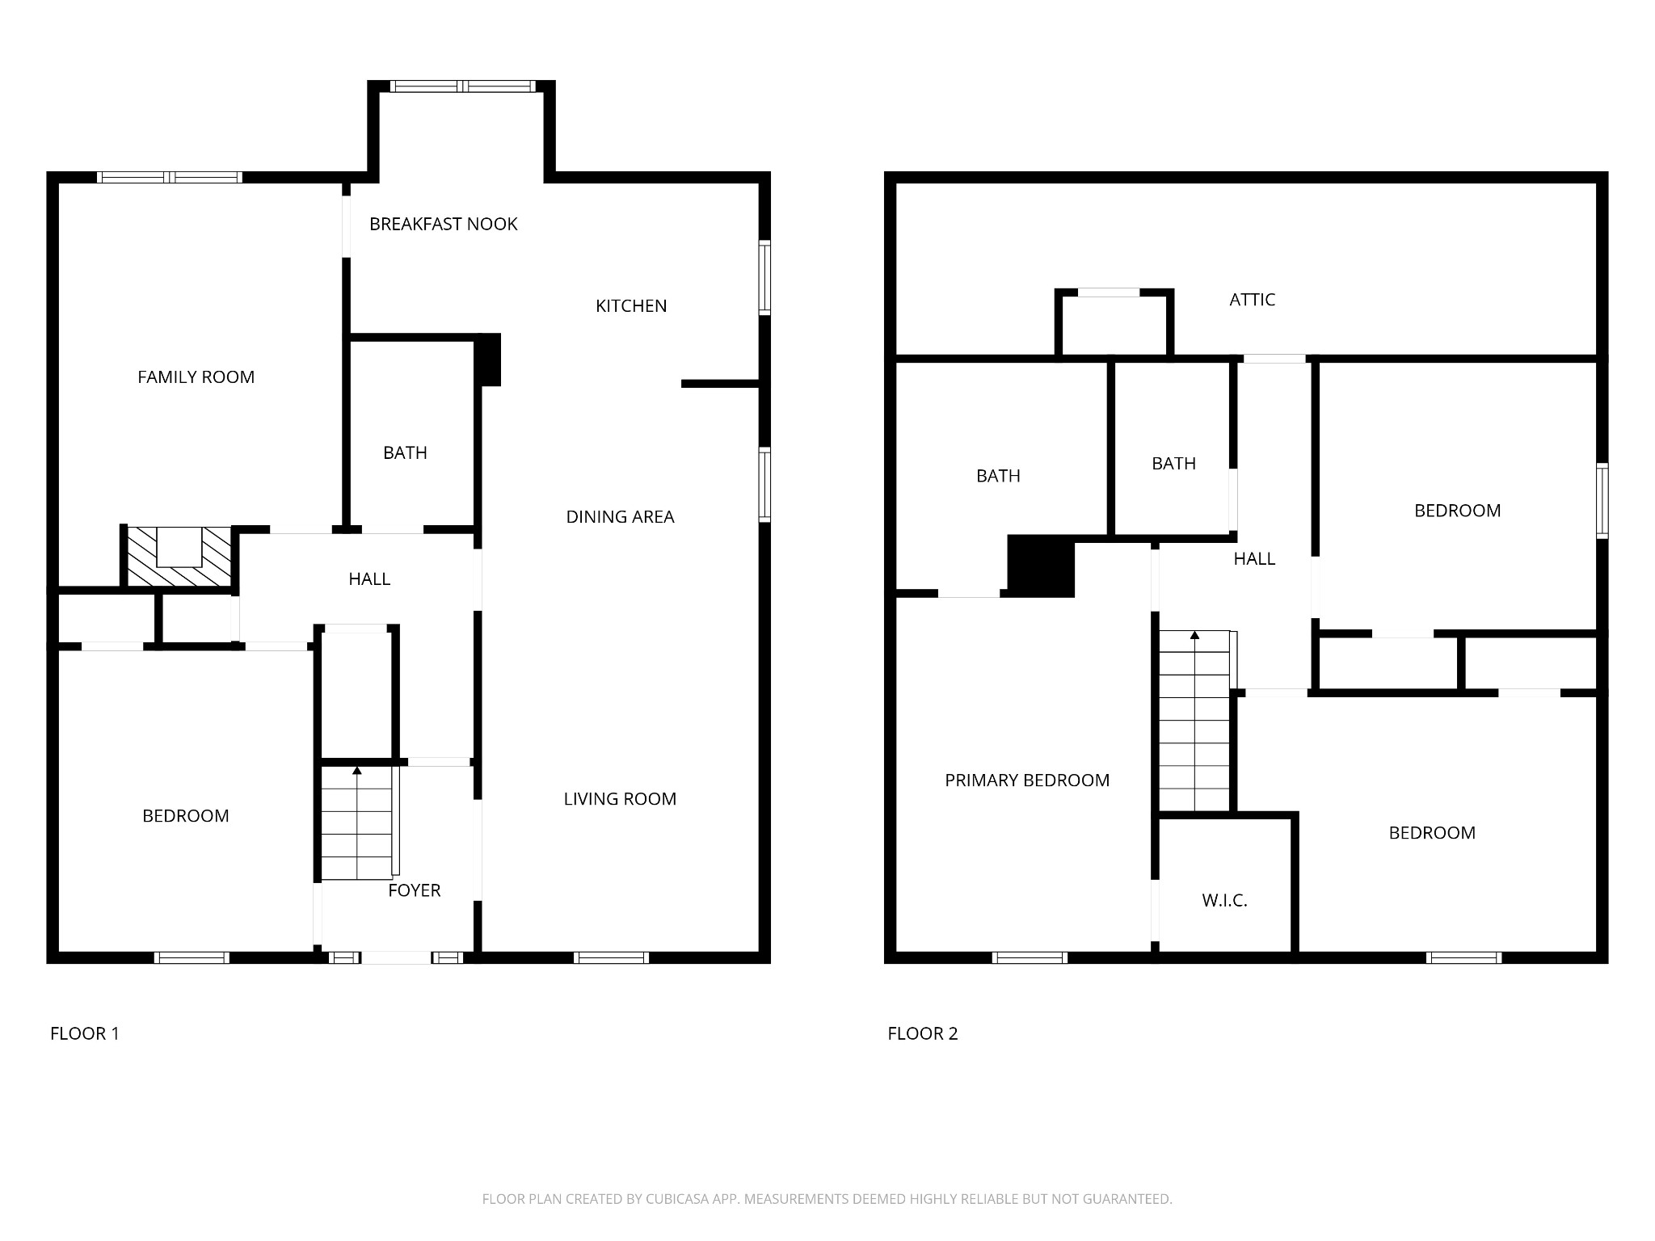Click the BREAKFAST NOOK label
(x=443, y=224)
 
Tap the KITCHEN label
(x=631, y=306)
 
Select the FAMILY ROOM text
(x=196, y=377)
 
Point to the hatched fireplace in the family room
(x=178, y=557)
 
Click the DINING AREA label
(x=620, y=517)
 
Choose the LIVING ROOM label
(x=620, y=799)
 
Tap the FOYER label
(x=414, y=890)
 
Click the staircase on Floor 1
(x=356, y=822)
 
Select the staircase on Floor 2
(x=1194, y=720)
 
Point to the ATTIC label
(x=1252, y=300)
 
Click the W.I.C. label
(x=1224, y=901)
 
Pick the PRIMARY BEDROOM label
(x=1027, y=780)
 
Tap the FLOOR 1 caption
(x=85, y=1033)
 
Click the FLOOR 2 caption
(x=923, y=1033)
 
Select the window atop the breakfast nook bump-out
(x=463, y=86)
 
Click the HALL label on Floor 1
(x=369, y=579)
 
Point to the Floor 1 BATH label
(x=405, y=453)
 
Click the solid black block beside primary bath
(x=1041, y=566)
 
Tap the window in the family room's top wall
(x=170, y=178)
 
